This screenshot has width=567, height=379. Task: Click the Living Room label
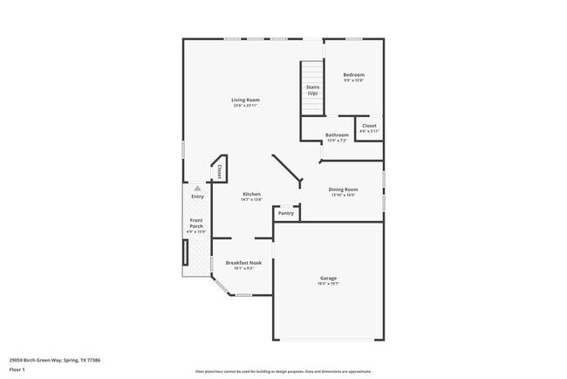click(245, 100)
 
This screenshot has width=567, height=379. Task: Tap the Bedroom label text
click(353, 75)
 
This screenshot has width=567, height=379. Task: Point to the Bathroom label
click(337, 135)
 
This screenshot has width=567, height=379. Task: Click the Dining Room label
click(343, 189)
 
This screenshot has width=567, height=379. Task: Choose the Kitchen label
click(251, 194)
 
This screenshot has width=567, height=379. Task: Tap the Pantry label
click(285, 213)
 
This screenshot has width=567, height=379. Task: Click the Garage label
click(328, 279)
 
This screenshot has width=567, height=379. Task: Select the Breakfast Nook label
click(243, 263)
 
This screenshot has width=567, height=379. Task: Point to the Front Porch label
click(197, 223)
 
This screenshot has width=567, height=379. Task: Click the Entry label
click(197, 196)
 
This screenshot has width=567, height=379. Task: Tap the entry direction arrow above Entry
click(197, 188)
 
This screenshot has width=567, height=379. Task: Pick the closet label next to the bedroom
click(369, 126)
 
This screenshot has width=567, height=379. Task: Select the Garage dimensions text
click(328, 284)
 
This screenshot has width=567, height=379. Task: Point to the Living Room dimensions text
click(245, 106)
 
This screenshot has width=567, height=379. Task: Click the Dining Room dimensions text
click(343, 195)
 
